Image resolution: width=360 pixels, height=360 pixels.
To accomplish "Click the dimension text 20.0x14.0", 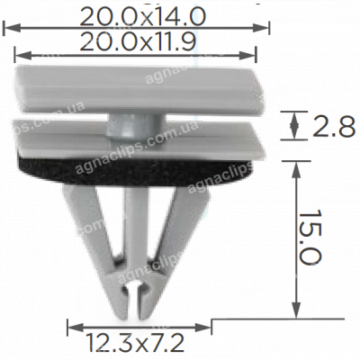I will point(142,15).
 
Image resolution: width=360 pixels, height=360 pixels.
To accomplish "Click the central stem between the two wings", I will point(135,234).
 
